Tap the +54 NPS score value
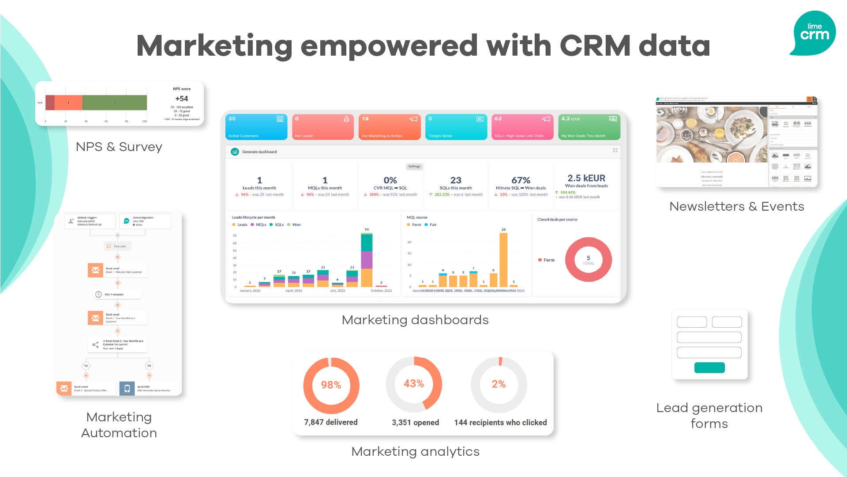click(x=181, y=98)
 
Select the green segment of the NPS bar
click(x=114, y=102)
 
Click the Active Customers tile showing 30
click(x=256, y=127)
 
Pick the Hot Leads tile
click(x=323, y=127)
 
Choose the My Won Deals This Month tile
click(x=589, y=127)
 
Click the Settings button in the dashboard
click(x=414, y=167)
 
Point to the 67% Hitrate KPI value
click(x=521, y=180)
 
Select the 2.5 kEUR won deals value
click(x=586, y=178)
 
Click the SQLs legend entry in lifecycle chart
click(x=277, y=225)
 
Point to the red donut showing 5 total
click(x=588, y=260)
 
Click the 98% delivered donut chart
click(x=331, y=385)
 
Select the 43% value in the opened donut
click(x=414, y=383)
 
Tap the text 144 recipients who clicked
click(x=500, y=423)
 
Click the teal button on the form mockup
click(x=709, y=367)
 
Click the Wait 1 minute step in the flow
click(x=117, y=294)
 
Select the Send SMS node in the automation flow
click(x=149, y=388)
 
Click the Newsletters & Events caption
click(x=736, y=206)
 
